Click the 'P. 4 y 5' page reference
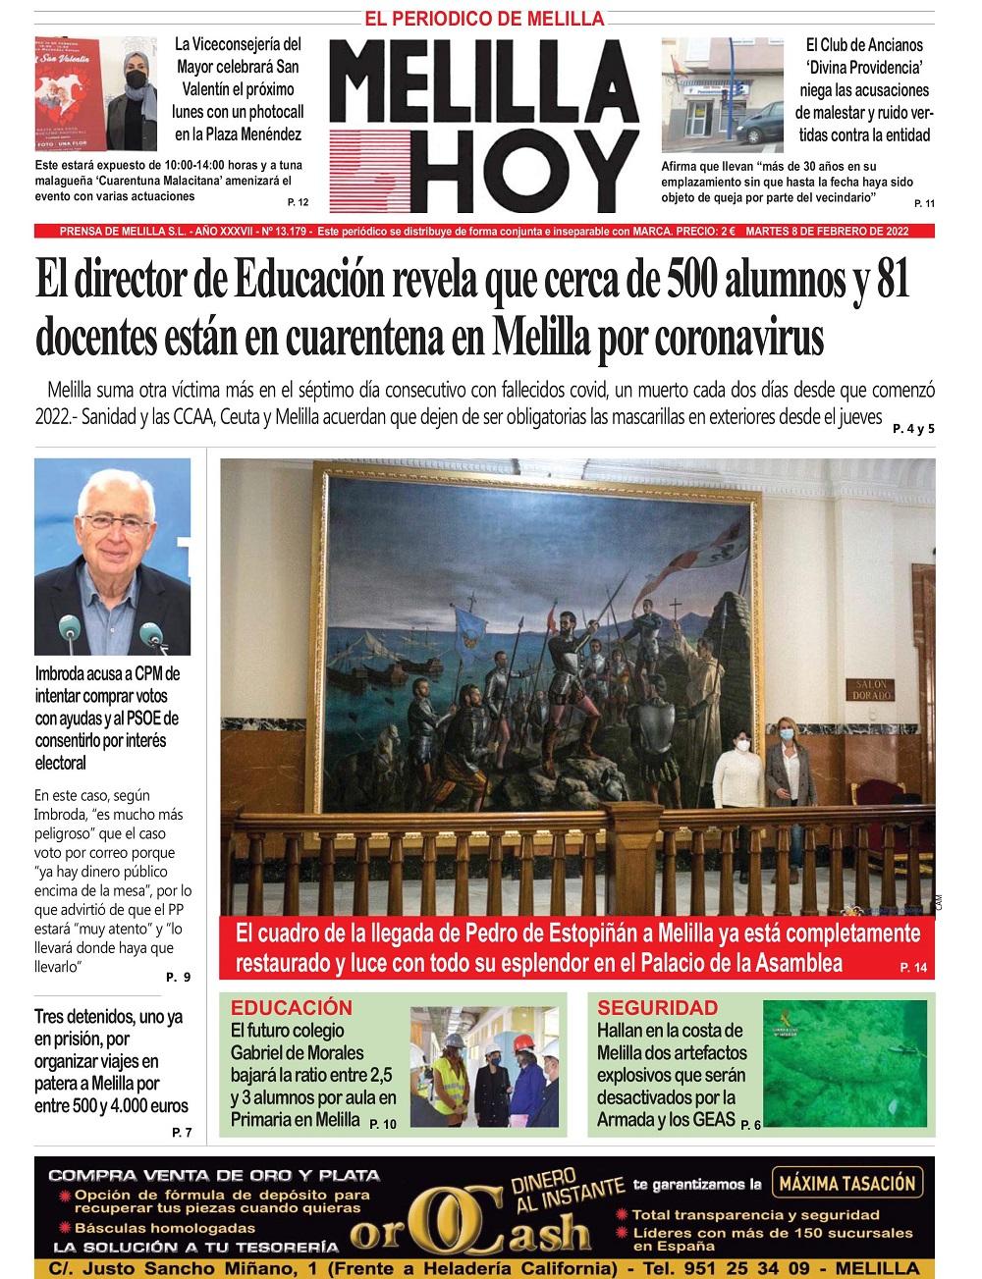click(x=913, y=428)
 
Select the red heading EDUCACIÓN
click(x=291, y=1007)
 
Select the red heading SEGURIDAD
click(x=657, y=1007)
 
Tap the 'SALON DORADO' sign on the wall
click(x=872, y=688)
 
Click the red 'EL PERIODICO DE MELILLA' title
click(x=484, y=19)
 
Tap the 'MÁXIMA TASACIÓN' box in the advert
click(x=846, y=1183)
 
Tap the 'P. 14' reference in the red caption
click(x=912, y=969)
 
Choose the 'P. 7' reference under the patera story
click(x=182, y=1133)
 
